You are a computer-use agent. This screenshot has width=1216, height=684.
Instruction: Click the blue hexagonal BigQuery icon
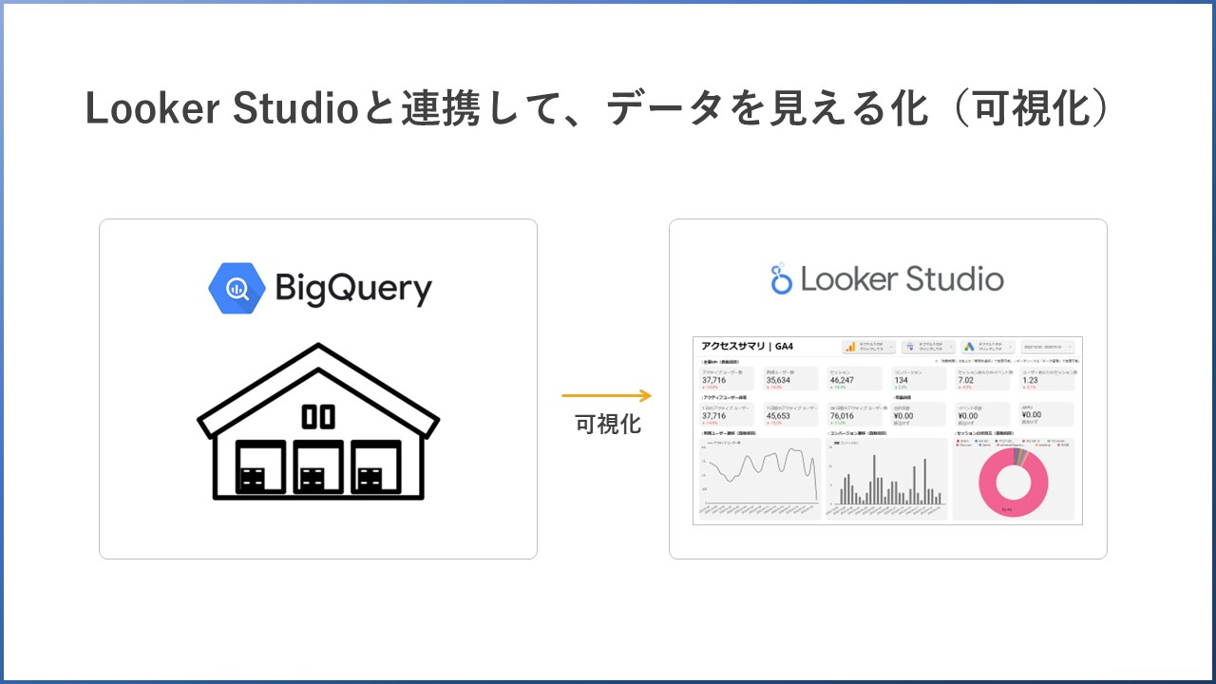click(236, 287)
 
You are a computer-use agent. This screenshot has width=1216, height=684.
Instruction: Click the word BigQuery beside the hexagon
click(353, 288)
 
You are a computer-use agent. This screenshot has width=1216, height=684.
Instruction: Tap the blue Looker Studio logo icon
click(782, 278)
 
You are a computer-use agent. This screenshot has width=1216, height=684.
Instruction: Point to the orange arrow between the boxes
click(606, 395)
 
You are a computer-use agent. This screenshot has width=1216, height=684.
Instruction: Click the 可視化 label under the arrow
click(608, 425)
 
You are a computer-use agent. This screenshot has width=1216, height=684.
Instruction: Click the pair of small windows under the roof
click(317, 415)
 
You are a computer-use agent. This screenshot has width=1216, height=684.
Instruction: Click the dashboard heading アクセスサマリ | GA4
click(748, 347)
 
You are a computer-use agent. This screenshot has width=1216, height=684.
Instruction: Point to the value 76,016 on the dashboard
click(843, 415)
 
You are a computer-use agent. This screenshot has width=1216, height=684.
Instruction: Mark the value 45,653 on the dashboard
click(780, 415)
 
